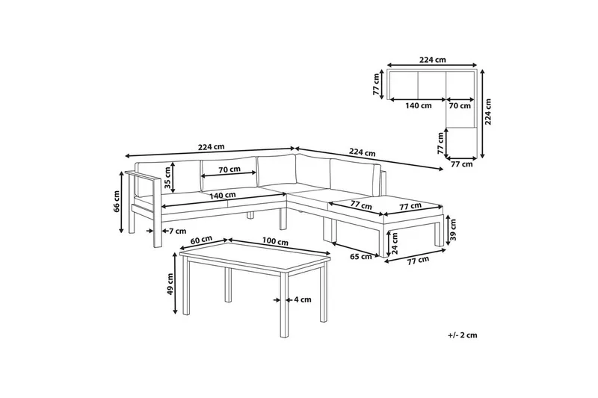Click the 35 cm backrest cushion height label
coord(167,178)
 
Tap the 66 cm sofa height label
coord(117,201)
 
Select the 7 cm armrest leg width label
coord(178,231)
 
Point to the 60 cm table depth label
coord(201,240)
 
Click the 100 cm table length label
coord(275,241)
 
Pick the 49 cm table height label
coord(170,284)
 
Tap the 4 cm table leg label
coord(303,299)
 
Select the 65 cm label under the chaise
coord(361,257)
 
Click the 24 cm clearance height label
coord(395,244)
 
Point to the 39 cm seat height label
coord(454,230)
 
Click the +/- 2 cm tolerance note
coord(463,335)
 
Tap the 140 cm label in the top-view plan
coord(419,105)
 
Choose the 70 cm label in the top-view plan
coord(460,105)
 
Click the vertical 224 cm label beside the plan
coord(488,112)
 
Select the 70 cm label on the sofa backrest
coord(229,169)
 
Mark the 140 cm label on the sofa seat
coord(223,196)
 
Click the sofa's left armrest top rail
coord(143,175)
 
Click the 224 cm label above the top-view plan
coord(433,60)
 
